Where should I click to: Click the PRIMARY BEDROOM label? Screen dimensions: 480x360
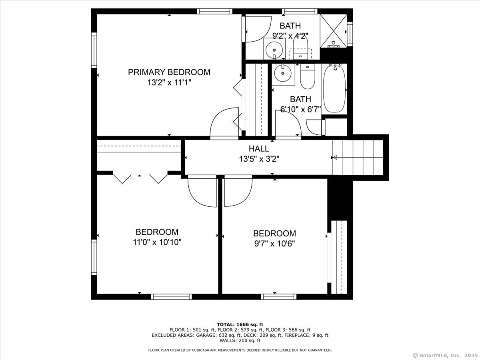point(169,72)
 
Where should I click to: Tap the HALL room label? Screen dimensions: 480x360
point(259,149)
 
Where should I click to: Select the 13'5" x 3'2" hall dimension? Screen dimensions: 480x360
point(259,159)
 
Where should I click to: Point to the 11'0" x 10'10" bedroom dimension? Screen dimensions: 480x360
point(157,242)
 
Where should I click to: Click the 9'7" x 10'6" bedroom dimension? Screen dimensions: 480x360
point(274,244)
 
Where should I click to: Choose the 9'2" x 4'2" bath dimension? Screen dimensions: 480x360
point(290,36)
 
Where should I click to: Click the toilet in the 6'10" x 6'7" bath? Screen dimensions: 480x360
point(308,76)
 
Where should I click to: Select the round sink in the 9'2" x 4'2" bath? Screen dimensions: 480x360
point(274,50)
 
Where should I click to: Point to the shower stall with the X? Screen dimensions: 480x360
point(334,31)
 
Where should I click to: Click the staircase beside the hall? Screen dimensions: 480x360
point(358,157)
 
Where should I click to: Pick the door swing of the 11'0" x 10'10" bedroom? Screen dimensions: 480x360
point(202,191)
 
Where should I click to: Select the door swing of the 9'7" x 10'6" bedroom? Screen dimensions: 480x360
point(238,191)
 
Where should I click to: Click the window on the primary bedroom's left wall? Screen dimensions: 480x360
point(94,50)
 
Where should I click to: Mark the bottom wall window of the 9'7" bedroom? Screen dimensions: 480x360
point(278,297)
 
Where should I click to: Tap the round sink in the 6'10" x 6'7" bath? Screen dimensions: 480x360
point(283,73)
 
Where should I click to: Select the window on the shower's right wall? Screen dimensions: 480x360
point(350,34)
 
